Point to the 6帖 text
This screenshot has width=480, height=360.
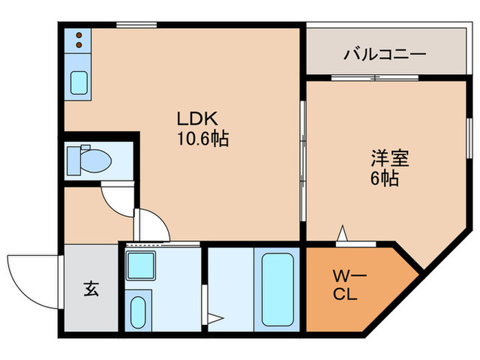tap(387, 179)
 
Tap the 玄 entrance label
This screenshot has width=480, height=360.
tap(91, 289)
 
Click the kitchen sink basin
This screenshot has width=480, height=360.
tap(79, 82)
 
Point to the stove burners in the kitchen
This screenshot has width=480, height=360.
tap(79, 40)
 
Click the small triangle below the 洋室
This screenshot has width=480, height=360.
tap(341, 234)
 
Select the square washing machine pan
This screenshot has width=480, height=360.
tap(141, 264)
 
